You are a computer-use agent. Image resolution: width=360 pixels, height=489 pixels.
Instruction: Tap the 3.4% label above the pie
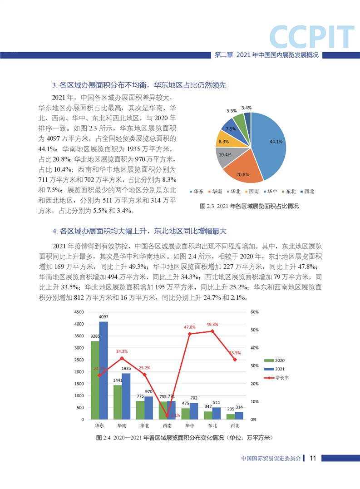click(x=247, y=108)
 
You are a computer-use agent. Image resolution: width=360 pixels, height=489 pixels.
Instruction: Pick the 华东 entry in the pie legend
click(x=196, y=191)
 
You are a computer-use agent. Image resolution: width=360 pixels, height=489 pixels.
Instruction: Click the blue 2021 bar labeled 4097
click(x=104, y=370)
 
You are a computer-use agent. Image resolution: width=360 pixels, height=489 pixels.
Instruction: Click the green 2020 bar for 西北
click(x=231, y=416)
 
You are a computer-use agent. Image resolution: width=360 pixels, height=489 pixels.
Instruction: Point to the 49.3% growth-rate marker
click(x=212, y=331)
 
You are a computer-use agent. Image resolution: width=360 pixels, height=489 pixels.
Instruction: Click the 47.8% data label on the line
click(x=190, y=327)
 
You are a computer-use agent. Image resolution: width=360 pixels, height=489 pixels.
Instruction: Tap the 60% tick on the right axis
click(x=254, y=312)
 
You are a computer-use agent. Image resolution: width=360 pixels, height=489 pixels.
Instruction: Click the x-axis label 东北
click(x=212, y=426)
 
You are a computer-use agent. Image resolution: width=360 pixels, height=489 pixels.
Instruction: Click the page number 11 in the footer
click(x=312, y=458)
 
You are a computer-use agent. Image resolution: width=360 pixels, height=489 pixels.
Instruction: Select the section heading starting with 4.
click(x=139, y=231)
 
